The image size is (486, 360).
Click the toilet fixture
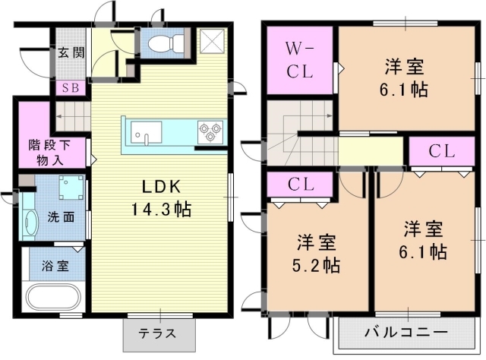pos(166,43)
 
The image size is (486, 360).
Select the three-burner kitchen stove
pos(210,132)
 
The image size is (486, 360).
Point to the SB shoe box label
pos(71,88)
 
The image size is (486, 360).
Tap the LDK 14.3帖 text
pos(161,198)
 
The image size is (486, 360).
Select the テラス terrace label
pos(157,333)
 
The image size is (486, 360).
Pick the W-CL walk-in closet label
pos(300,61)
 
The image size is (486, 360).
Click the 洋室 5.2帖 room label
pos(317,254)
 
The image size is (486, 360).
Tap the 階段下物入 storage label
pos(49,153)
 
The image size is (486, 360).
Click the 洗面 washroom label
pos(61,217)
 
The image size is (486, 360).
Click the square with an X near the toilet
pos(212,41)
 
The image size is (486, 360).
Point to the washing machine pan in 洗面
pos(71,188)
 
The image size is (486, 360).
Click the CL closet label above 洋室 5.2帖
pos(301,185)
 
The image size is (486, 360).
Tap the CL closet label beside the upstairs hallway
pos(442,152)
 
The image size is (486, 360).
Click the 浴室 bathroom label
pos(55,267)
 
